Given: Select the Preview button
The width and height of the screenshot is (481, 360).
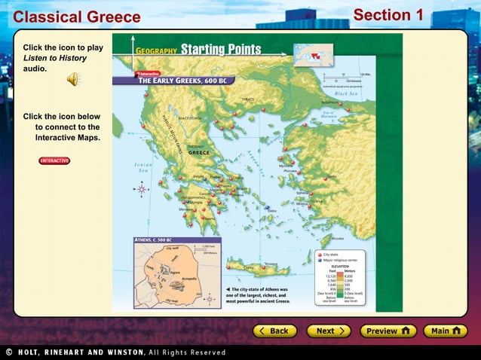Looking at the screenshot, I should tap(388, 331).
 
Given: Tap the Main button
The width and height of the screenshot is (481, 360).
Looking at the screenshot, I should tap(446, 331).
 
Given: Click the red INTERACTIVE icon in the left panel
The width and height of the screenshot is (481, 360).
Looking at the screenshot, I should tap(54, 160).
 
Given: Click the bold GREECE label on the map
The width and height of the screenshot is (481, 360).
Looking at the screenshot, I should tap(198, 151).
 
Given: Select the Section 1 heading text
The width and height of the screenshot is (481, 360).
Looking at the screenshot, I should tap(388, 15).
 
